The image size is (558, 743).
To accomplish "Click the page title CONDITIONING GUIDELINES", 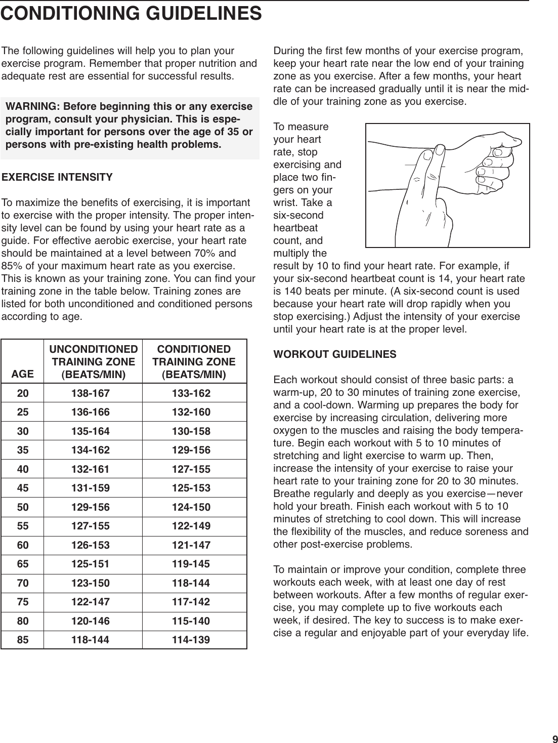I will coord(131,14).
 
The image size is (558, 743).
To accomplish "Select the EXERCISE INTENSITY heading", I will coord(58,178).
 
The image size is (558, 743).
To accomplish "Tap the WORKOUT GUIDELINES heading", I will coord(335,354).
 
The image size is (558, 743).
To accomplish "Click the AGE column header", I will coord(23,374).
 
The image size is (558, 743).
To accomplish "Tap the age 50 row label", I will coord(23,507).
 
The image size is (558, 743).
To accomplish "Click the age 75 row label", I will coord(23,602).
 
